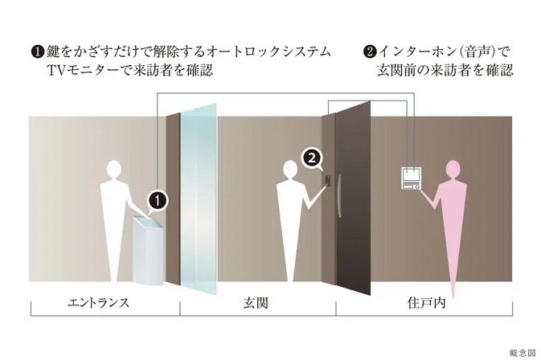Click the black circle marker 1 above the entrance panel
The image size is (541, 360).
[x=158, y=201]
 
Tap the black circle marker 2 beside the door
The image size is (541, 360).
[x=312, y=158]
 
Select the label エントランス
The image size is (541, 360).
[x=99, y=303]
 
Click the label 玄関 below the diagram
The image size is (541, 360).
[x=256, y=303]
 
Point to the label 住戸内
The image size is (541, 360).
[x=426, y=303]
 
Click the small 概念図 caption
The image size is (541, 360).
[x=523, y=353]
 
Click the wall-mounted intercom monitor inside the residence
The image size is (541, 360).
[x=411, y=178]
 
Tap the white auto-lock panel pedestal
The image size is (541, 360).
[x=148, y=251]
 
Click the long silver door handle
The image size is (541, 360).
[x=339, y=196]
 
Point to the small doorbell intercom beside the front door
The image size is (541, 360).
[x=328, y=181]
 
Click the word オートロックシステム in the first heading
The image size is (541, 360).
[x=269, y=51]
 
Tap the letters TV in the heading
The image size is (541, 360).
[x=54, y=71]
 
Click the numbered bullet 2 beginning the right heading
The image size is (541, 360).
[x=370, y=52]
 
